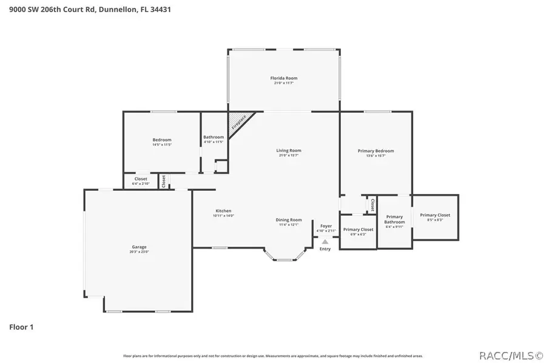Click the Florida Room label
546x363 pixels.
283,78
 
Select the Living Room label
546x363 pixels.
288,151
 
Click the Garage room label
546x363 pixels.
139,247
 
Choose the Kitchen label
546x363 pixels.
223,211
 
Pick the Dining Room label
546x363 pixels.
288,220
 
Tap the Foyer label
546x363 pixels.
326,226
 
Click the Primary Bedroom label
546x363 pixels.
376,151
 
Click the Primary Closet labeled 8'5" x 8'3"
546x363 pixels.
435,215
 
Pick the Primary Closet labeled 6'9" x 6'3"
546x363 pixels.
358,230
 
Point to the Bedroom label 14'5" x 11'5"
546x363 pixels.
161,140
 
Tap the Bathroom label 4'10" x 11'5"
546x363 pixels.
214,137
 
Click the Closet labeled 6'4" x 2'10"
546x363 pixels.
141,179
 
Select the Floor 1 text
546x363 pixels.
21,327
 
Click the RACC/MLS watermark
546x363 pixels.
511,355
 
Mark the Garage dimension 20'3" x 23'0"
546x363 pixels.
139,251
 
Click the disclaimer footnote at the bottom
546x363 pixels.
273,356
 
